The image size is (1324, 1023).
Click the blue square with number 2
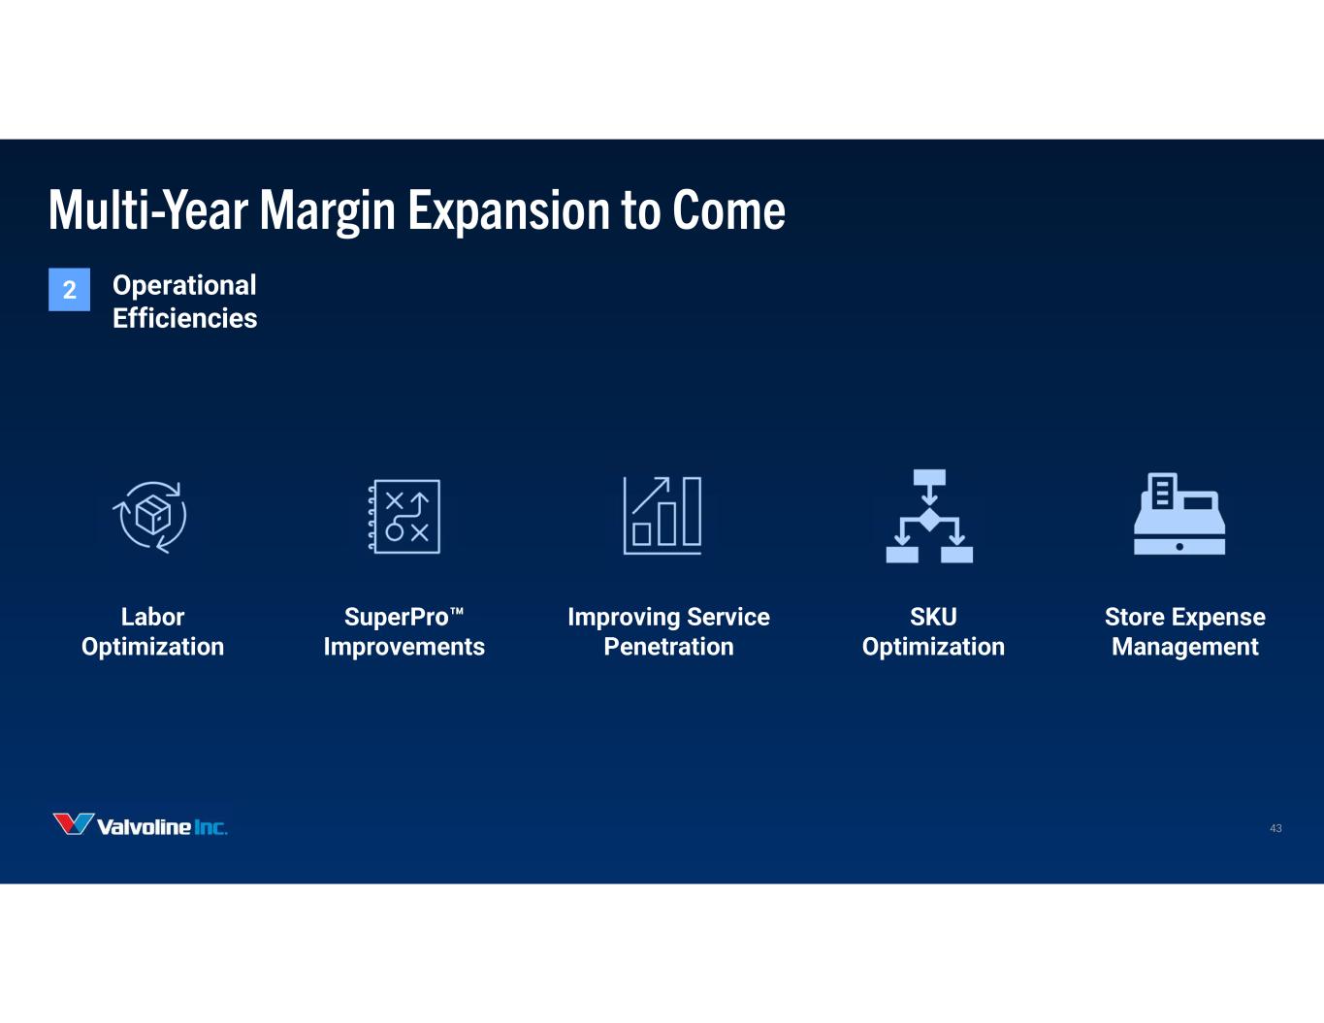(x=70, y=289)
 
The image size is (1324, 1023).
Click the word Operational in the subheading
(x=184, y=286)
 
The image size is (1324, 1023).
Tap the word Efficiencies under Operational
(x=185, y=318)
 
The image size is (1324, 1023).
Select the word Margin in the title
(x=328, y=211)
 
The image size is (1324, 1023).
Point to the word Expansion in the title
(x=509, y=211)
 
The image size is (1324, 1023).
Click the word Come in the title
(x=729, y=210)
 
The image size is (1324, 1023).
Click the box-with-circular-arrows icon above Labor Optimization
(x=150, y=517)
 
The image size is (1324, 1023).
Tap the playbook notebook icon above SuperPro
(x=404, y=517)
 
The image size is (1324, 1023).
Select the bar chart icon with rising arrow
(x=662, y=515)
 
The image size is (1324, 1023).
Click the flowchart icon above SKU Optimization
(x=929, y=516)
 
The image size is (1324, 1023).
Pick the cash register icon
(x=1179, y=514)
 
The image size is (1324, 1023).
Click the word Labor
(x=153, y=617)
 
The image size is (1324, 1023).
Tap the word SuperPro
(x=397, y=617)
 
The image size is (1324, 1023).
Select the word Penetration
(x=669, y=647)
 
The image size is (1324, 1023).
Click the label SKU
(x=933, y=617)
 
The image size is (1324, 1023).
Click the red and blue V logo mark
(x=73, y=824)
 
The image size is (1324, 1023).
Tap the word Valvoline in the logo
(x=144, y=827)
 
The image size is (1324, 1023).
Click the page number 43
(x=1276, y=828)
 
